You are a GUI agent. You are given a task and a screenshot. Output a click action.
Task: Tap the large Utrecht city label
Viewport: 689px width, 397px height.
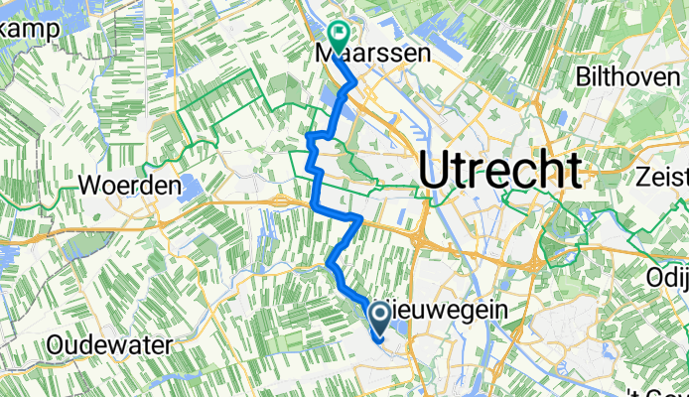[499, 171]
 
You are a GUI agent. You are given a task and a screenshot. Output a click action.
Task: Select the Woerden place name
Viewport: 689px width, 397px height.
[130, 187]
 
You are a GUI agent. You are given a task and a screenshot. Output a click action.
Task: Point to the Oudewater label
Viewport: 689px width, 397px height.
[109, 346]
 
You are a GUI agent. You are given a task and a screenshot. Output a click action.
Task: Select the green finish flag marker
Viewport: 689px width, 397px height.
[337, 37]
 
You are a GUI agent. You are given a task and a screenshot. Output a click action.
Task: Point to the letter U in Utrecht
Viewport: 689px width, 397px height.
[434, 171]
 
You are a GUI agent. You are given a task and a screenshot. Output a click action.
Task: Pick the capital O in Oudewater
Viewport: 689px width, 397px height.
[55, 346]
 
